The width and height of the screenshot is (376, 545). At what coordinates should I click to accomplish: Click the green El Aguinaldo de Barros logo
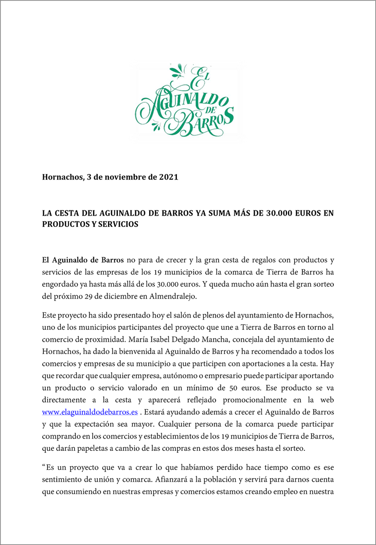click(187, 100)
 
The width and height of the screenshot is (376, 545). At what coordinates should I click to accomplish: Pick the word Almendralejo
click(170, 296)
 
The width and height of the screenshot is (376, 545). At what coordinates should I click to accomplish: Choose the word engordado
click(60, 284)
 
